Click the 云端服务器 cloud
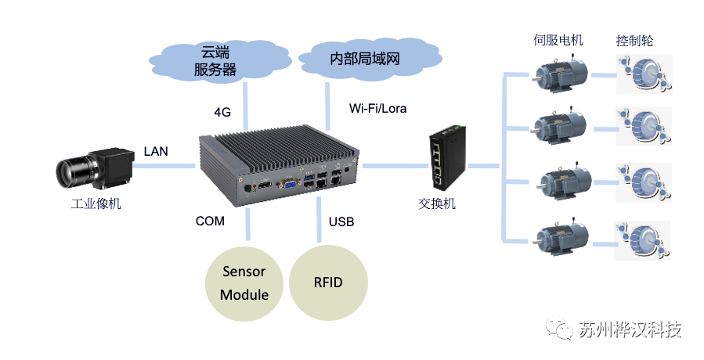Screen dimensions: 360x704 pyautogui.click(x=215, y=61)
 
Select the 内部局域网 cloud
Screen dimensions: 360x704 pyautogui.click(x=367, y=58)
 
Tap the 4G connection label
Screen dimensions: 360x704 pyautogui.click(x=222, y=112)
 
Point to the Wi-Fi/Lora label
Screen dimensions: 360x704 pyautogui.click(x=377, y=108)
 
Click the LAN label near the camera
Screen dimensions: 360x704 pyautogui.click(x=156, y=150)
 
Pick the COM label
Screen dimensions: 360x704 pyautogui.click(x=210, y=221)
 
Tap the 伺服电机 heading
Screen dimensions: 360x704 pyautogui.click(x=557, y=41)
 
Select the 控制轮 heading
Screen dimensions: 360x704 pyautogui.click(x=636, y=41)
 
